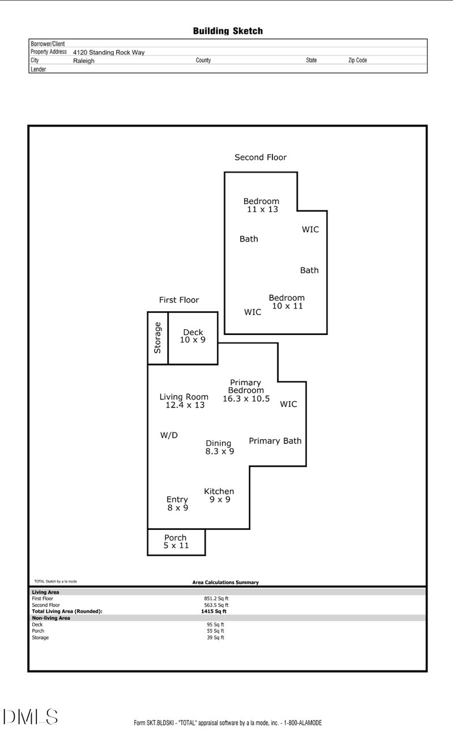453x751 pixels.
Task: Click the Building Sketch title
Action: pyautogui.click(x=228, y=31)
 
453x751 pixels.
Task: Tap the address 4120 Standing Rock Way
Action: pyautogui.click(x=109, y=52)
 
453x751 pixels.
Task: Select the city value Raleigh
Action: pyautogui.click(x=84, y=61)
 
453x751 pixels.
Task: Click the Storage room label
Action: pyautogui.click(x=158, y=338)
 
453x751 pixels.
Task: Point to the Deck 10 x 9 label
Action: pyautogui.click(x=193, y=336)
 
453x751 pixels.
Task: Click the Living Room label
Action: pyautogui.click(x=184, y=401)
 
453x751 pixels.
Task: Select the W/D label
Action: pyautogui.click(x=169, y=435)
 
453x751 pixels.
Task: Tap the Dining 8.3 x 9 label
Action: pyautogui.click(x=219, y=447)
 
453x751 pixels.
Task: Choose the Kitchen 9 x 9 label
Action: pyautogui.click(x=219, y=495)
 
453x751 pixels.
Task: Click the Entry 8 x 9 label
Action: pyautogui.click(x=177, y=503)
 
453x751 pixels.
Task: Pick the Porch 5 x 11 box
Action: pyautogui.click(x=176, y=542)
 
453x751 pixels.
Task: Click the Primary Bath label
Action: pyautogui.click(x=275, y=440)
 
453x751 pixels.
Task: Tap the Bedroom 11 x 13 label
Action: pyautogui.click(x=261, y=205)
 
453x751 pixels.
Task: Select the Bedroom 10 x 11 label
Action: pyautogui.click(x=287, y=302)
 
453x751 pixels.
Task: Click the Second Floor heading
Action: pyautogui.click(x=260, y=158)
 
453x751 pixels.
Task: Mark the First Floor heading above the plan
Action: pyautogui.click(x=179, y=300)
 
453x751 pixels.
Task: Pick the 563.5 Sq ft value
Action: pyautogui.click(x=216, y=605)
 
